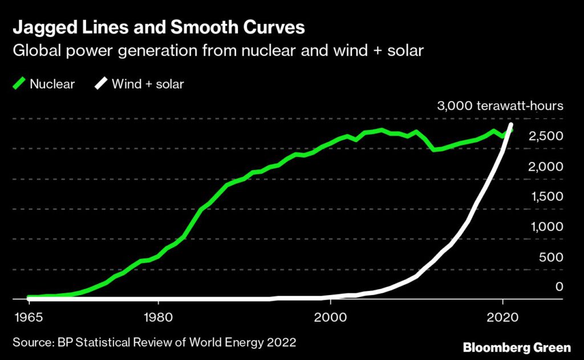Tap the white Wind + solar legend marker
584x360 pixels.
(100, 84)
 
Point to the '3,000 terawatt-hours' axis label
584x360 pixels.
(500, 106)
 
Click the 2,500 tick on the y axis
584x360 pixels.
(547, 136)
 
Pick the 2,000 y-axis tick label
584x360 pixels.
(547, 167)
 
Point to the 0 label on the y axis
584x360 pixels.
(559, 287)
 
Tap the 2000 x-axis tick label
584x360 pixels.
(330, 316)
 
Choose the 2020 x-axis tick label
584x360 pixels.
(502, 316)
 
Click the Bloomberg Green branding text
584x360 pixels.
(516, 347)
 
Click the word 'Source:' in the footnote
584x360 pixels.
(32, 342)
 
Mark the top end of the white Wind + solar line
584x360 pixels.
(511, 125)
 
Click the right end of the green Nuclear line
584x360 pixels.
(511, 131)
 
